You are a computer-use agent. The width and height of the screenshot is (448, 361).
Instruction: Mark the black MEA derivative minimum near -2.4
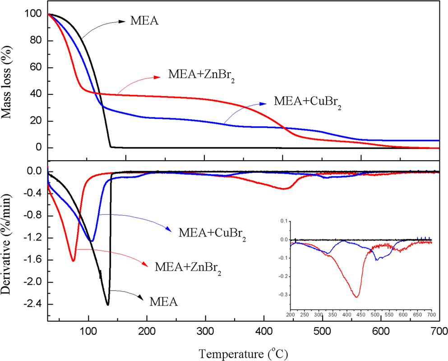coord(107,305)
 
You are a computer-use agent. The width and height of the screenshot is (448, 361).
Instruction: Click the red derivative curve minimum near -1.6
coord(73,260)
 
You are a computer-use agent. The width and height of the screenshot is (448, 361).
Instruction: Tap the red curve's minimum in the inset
coord(356,296)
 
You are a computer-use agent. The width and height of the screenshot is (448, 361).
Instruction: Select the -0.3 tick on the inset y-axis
coord(283,295)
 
